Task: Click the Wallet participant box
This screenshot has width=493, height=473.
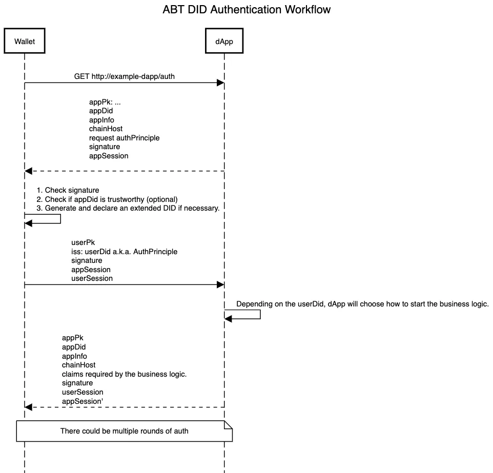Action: pyautogui.click(x=25, y=41)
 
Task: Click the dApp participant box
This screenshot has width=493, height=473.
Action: pyautogui.click(x=224, y=41)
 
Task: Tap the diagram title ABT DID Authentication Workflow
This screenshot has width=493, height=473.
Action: pyautogui.click(x=246, y=9)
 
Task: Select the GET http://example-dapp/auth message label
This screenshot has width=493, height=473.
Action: pyautogui.click(x=124, y=76)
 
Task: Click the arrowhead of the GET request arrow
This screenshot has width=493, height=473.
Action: pyautogui.click(x=220, y=83)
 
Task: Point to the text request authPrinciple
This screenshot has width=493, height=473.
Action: pyautogui.click(x=124, y=138)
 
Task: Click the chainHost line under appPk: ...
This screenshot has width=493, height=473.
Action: pyautogui.click(x=106, y=129)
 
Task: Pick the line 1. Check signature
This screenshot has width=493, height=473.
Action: pyautogui.click(x=68, y=190)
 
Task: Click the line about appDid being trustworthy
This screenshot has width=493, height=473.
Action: pyautogui.click(x=107, y=199)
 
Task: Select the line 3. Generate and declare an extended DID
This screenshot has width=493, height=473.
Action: pyautogui.click(x=128, y=208)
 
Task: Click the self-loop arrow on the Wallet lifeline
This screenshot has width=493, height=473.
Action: pyautogui.click(x=60, y=219)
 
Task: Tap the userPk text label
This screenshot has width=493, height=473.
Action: pyautogui.click(x=83, y=242)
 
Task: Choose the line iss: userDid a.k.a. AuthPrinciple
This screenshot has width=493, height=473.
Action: pyautogui.click(x=124, y=252)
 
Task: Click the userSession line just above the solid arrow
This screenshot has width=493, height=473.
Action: pyautogui.click(x=92, y=278)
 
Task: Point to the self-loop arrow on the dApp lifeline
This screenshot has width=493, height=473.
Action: pyautogui.click(x=260, y=315)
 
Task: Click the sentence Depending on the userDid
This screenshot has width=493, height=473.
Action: pyautogui.click(x=362, y=304)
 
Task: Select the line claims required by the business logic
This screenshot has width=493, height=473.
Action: pyautogui.click(x=124, y=374)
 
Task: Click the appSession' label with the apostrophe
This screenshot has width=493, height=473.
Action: pyautogui.click(x=83, y=401)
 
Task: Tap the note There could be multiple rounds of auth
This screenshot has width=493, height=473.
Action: pyautogui.click(x=124, y=431)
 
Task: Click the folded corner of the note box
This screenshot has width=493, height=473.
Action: pyautogui.click(x=228, y=424)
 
